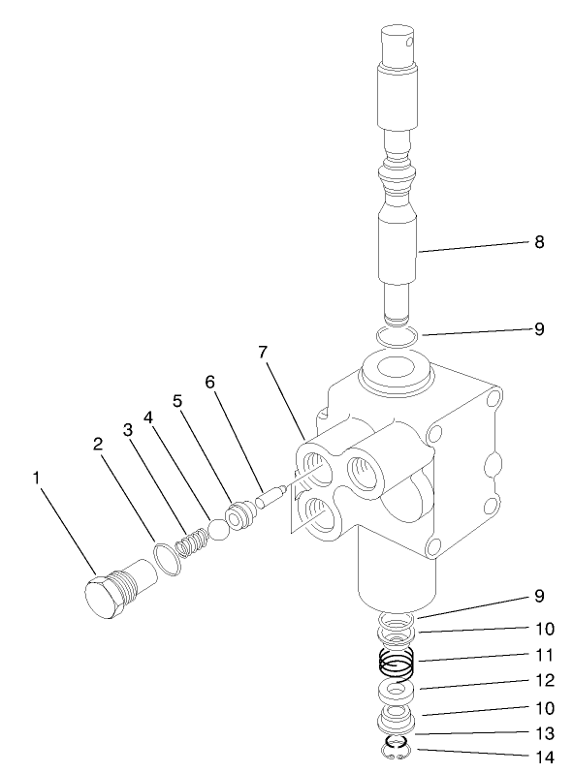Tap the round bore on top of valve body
point(392,370)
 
